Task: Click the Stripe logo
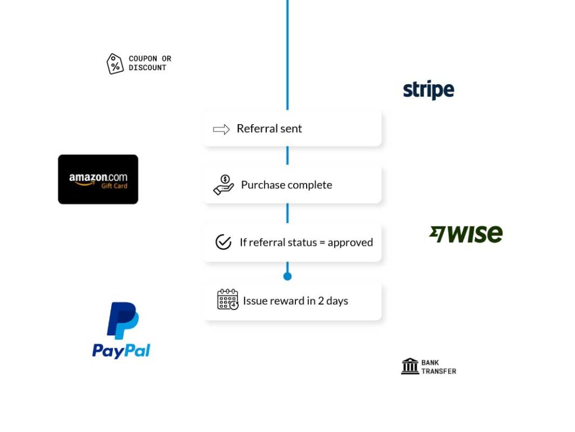(428, 90)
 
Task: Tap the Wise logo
(466, 234)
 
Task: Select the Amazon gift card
(98, 179)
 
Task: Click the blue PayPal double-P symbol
(122, 321)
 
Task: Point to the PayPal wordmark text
(121, 351)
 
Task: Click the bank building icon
(410, 366)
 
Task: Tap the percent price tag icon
(115, 63)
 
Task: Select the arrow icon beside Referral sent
(221, 129)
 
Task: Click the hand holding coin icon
(223, 185)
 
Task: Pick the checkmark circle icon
(223, 242)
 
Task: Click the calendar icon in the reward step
(227, 300)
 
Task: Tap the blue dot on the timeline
(287, 276)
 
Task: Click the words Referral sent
(269, 129)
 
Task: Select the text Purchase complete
(286, 185)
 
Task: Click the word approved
(350, 243)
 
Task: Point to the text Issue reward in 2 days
(295, 301)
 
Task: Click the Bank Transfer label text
(439, 367)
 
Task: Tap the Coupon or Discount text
(149, 63)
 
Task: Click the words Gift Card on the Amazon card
(114, 186)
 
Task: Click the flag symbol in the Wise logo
(437, 233)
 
